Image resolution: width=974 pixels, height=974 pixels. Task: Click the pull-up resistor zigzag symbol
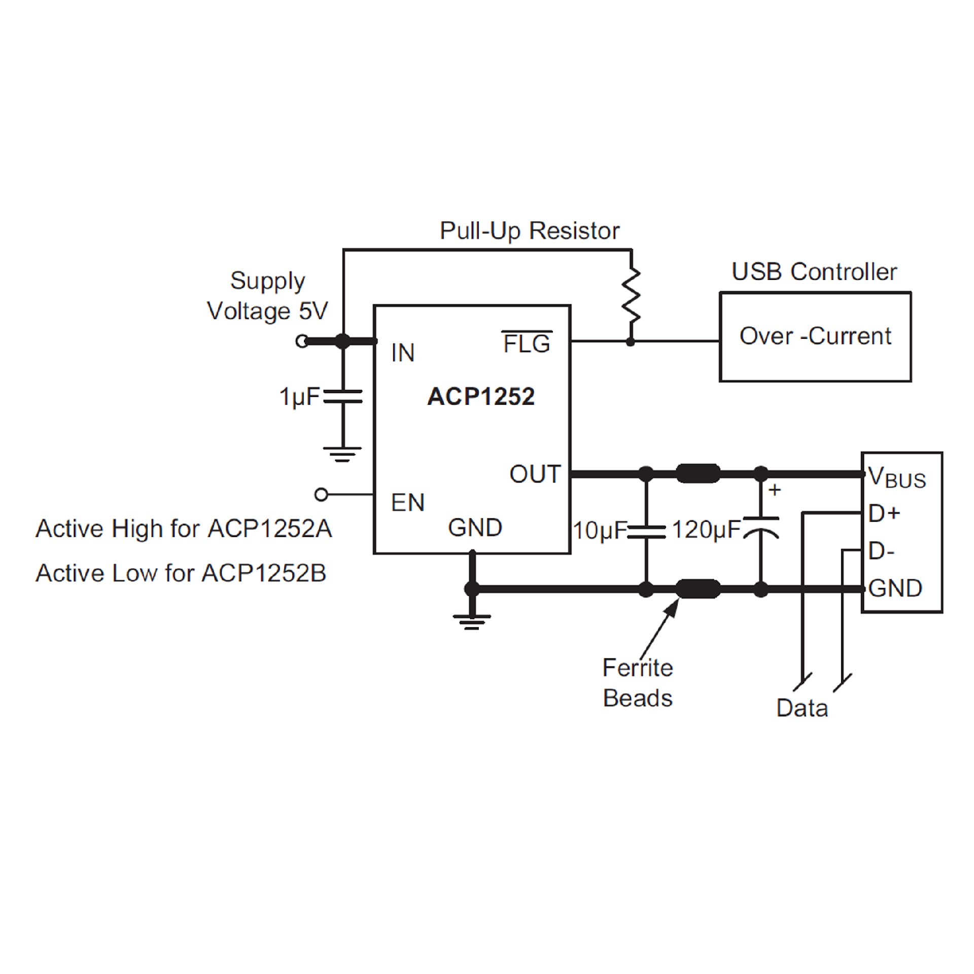pos(631,296)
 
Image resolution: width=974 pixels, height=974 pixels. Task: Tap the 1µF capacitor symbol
pos(343,396)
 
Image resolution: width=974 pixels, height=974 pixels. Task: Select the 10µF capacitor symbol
pos(646,531)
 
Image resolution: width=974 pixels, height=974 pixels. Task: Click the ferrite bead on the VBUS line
pos(698,474)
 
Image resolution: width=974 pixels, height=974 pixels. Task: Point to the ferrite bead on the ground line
pos(698,589)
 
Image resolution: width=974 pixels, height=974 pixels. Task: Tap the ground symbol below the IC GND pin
pos(472,621)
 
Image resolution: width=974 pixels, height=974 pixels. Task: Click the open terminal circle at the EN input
pos(321,494)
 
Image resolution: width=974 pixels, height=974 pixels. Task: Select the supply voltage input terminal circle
pos(302,341)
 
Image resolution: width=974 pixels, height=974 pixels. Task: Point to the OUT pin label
pos(535,474)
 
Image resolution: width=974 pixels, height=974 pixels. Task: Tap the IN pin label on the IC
pos(403,353)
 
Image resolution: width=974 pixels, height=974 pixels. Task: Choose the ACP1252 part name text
pos(480,397)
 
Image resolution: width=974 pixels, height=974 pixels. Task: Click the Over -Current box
pos(815,336)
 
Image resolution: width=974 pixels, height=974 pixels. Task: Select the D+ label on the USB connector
pos(884,514)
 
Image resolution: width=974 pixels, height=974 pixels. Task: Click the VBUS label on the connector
pos(896,477)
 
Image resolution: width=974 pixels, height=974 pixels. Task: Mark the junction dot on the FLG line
pos(631,342)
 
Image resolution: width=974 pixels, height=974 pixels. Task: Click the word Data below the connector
pos(802,708)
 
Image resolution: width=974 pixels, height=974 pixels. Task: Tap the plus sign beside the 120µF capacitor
pos(775,490)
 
